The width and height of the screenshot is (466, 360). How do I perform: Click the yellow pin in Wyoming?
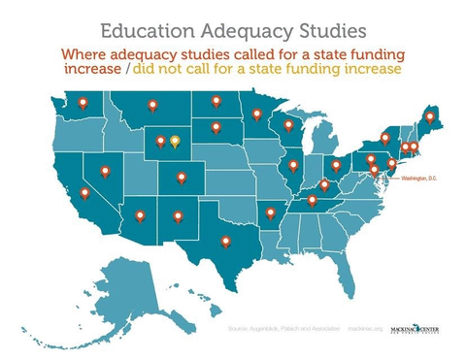pyautogui.click(x=175, y=142)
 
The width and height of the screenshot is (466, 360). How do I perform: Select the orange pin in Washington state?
pyautogui.click(x=83, y=102)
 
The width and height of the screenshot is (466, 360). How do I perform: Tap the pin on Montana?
pyautogui.click(x=151, y=105)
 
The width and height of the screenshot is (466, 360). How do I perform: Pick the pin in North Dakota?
pyautogui.click(x=216, y=100)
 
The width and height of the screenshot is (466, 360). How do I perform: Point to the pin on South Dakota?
pyautogui.click(x=216, y=126)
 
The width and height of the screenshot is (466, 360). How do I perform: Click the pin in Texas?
pyautogui.click(x=225, y=242)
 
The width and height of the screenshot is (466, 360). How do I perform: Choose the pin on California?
pyautogui.click(x=85, y=193)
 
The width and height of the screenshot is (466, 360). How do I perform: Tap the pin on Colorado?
pyautogui.click(x=181, y=178)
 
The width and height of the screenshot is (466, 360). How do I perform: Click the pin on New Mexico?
pyautogui.click(x=178, y=216)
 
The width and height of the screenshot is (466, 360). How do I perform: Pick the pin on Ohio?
pyautogui.click(x=336, y=166)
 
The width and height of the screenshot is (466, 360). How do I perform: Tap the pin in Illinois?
pyautogui.click(x=293, y=166)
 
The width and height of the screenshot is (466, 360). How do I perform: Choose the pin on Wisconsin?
pyautogui.click(x=288, y=125)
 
